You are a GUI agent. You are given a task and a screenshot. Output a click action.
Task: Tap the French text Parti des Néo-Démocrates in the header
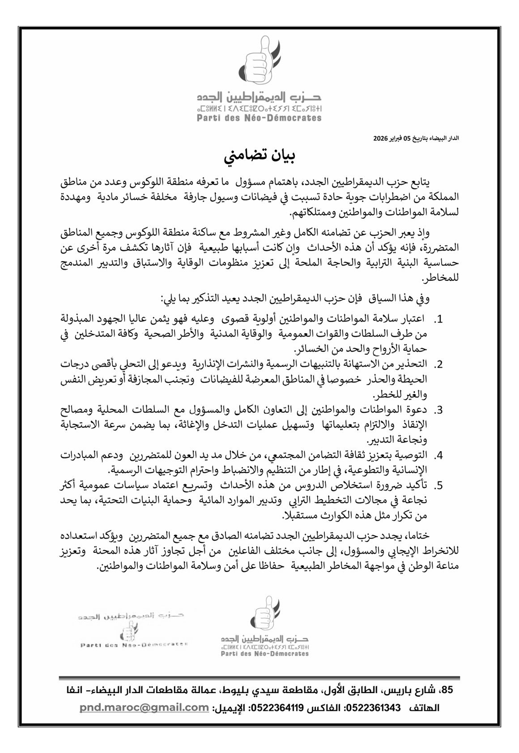[x=259, y=118]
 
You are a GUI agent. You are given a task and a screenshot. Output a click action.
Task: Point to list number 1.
[x=438, y=319]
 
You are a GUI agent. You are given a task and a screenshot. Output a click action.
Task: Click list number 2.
[x=438, y=364]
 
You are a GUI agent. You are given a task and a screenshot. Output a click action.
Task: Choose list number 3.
[x=438, y=410]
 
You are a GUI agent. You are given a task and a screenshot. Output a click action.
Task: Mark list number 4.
[x=438, y=455]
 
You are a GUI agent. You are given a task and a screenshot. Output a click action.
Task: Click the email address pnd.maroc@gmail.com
[x=145, y=707]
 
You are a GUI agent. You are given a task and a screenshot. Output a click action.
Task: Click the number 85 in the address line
[x=446, y=691]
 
